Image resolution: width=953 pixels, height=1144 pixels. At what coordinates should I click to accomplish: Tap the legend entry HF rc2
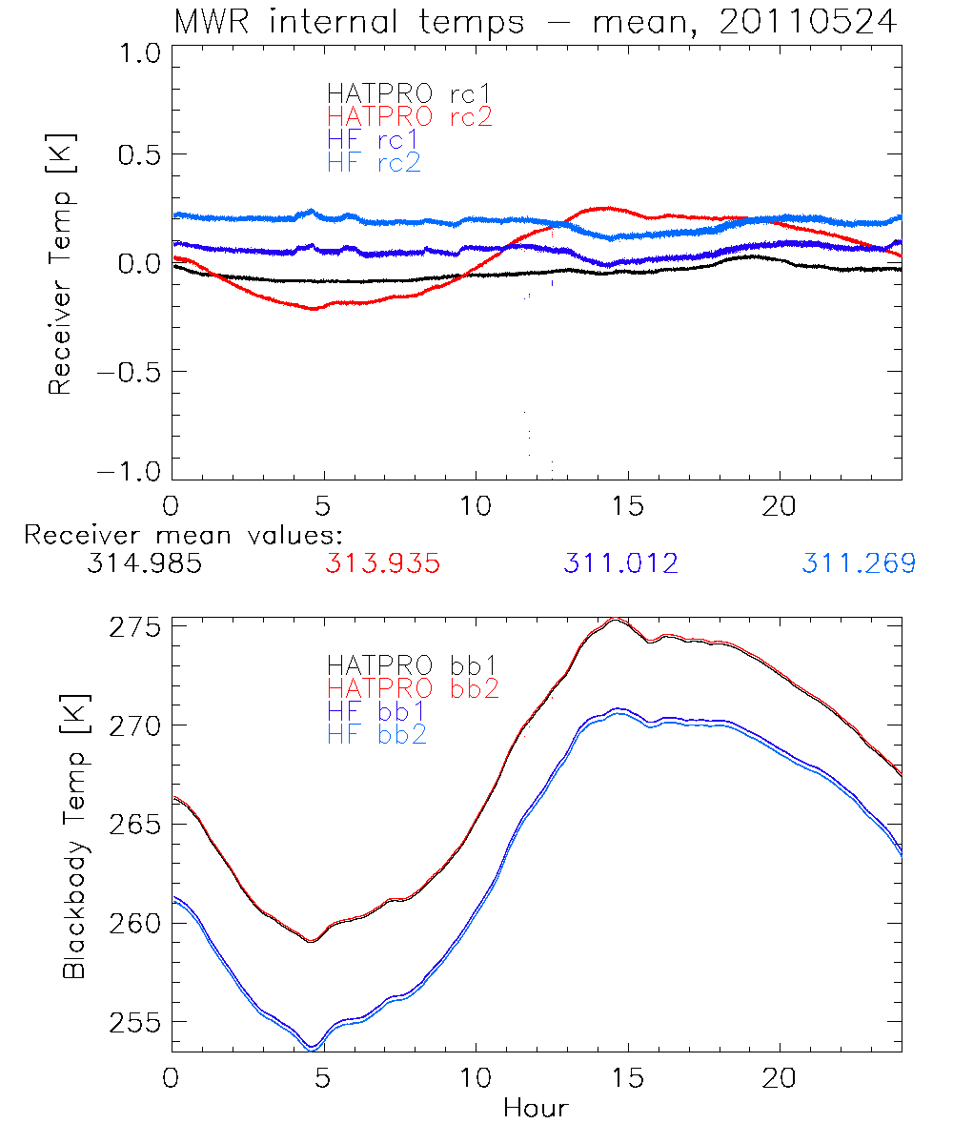[x=374, y=163]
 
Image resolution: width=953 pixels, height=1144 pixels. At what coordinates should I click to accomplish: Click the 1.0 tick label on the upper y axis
[x=135, y=54]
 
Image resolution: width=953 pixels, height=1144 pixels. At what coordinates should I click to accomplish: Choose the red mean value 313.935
[x=382, y=564]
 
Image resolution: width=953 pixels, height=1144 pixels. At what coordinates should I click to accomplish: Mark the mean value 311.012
[x=620, y=564]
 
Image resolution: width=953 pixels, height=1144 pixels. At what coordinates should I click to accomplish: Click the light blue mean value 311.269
[x=859, y=564]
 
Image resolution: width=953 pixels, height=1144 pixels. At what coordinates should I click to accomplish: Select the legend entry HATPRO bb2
[x=413, y=687]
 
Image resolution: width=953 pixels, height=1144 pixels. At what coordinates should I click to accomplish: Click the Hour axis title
[x=536, y=1109]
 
